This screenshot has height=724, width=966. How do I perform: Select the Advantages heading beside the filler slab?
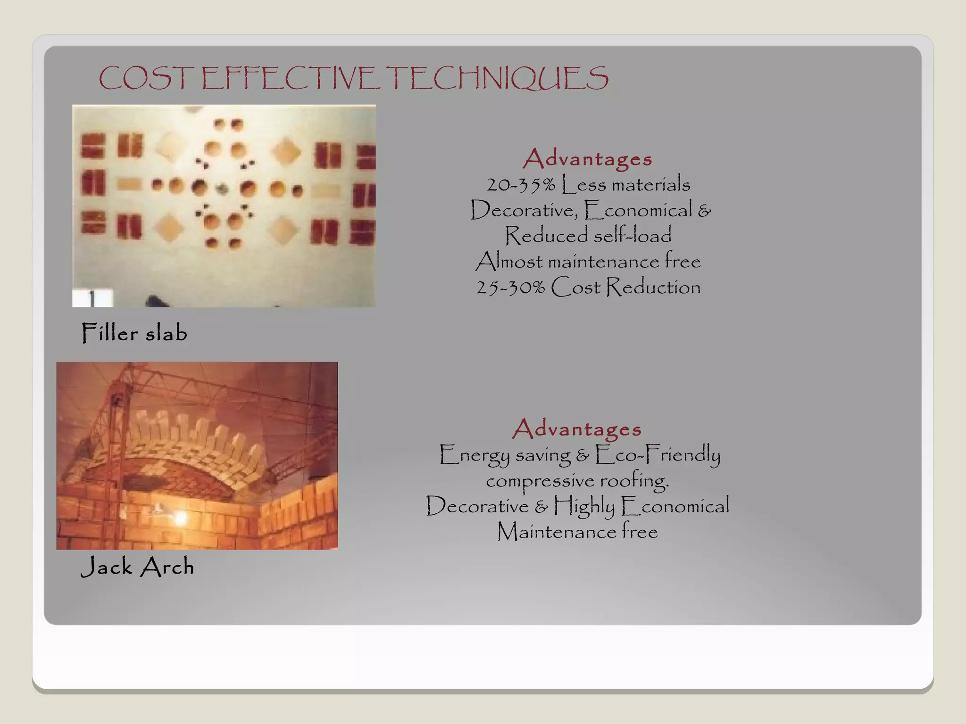(x=587, y=159)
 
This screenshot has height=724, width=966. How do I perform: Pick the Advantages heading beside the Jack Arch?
(x=577, y=429)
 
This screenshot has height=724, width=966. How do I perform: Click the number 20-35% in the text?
(x=521, y=185)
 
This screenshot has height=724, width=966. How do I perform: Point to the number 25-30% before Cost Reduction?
(x=510, y=288)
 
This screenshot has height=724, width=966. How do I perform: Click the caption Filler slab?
(x=134, y=333)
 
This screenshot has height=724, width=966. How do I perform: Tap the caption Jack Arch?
(x=137, y=566)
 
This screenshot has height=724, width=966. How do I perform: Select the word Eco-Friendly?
(x=658, y=455)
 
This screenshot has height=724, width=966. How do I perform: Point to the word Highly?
(x=584, y=506)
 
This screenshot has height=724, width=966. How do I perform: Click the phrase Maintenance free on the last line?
(x=577, y=532)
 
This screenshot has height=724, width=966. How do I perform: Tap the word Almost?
(x=509, y=262)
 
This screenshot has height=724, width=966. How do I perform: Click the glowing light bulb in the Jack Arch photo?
(x=180, y=519)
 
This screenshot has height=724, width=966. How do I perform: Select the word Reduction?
(x=653, y=287)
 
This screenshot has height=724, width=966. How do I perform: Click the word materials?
(x=650, y=185)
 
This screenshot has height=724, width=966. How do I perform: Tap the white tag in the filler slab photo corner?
(x=92, y=298)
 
